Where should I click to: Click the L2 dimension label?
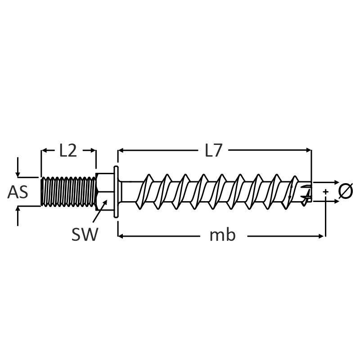pos(68,151)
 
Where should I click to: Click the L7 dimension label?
pos(214,151)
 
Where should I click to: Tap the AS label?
pos(18,193)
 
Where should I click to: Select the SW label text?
pos(84,234)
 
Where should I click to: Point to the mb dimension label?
pos(222,235)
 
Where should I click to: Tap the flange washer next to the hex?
pos(116,192)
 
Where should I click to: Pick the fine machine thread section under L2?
pos(68,192)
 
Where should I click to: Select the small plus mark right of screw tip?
pos(325,192)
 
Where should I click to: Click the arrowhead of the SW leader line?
pos(106,202)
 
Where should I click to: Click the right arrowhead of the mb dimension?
pos(322,235)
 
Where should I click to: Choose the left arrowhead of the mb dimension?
pos(120,235)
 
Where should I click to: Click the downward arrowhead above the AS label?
pos(18,174)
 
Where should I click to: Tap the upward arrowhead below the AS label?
pos(18,209)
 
